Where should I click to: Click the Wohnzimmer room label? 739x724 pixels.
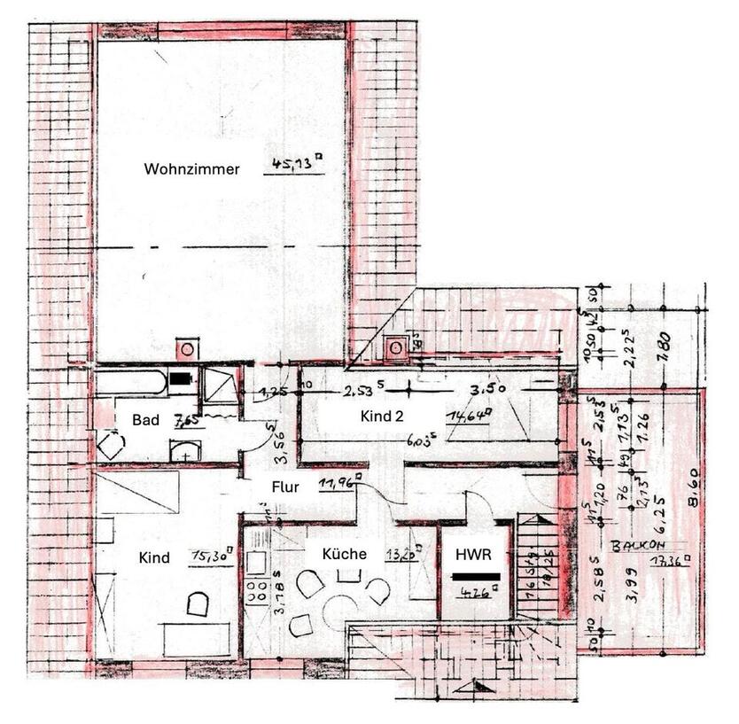192,168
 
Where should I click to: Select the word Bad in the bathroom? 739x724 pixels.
146,420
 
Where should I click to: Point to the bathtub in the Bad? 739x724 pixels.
131,384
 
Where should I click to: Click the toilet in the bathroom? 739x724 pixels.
111,444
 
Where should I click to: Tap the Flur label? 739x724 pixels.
285,487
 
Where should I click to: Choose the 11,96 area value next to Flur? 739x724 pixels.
334,485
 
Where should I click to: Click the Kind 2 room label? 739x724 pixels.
385,416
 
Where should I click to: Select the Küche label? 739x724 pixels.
345,554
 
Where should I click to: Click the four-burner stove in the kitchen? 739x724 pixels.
258,593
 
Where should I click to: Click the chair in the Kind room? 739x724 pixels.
197,604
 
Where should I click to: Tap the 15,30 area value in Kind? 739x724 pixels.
211,557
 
